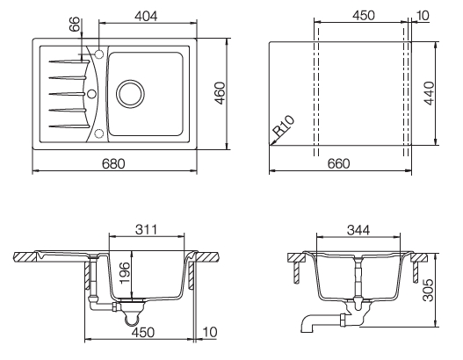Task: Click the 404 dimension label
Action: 146,16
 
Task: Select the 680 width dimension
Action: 113,163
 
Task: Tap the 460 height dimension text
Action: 220,93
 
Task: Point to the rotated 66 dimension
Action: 75,24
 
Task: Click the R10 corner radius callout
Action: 284,126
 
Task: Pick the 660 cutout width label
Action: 338,163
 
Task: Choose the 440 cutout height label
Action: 429,93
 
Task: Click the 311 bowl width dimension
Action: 147,229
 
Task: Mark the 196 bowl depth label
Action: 125,272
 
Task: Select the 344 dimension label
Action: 358,230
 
